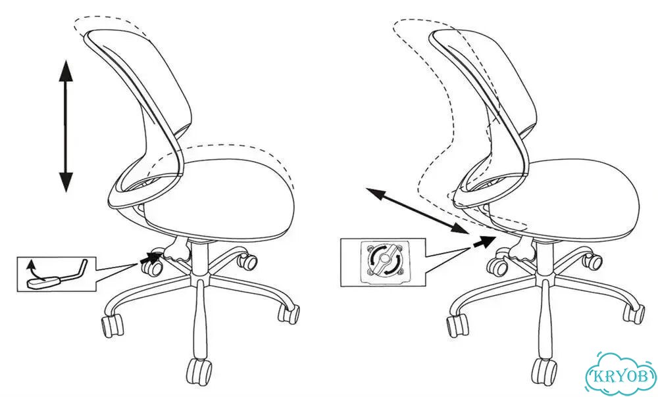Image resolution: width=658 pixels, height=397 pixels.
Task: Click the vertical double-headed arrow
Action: click(x=66, y=126)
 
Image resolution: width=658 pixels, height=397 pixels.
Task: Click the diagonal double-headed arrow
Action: click(x=417, y=211)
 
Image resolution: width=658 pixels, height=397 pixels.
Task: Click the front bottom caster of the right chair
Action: click(x=544, y=373)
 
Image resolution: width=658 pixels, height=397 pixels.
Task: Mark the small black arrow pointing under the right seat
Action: click(x=484, y=241)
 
